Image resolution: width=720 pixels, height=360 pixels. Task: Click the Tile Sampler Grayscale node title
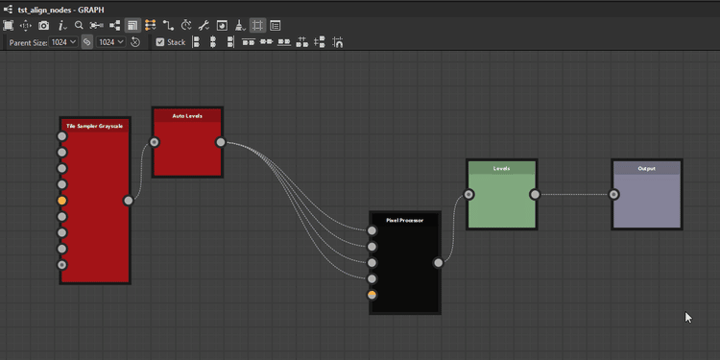pyautogui.click(x=94, y=126)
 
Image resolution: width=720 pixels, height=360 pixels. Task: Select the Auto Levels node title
pyautogui.click(x=187, y=116)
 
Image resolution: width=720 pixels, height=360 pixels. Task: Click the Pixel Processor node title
pyautogui.click(x=404, y=220)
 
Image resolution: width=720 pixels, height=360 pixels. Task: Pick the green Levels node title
pyautogui.click(x=501, y=168)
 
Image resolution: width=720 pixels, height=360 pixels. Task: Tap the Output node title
pyautogui.click(x=646, y=168)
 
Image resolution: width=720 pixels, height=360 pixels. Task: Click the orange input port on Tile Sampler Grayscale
pyautogui.click(x=62, y=201)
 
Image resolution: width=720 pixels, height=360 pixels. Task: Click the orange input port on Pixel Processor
pyautogui.click(x=372, y=295)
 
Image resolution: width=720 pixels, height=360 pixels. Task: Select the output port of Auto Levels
pyautogui.click(x=221, y=143)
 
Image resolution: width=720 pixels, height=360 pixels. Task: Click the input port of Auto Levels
pyautogui.click(x=155, y=143)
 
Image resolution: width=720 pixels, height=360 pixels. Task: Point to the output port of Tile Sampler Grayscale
pyautogui.click(x=129, y=201)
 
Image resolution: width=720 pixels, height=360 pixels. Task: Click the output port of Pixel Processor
pyautogui.click(x=439, y=262)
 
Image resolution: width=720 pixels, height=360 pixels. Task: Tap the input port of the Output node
pyautogui.click(x=614, y=195)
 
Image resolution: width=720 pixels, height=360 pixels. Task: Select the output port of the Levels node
pyautogui.click(x=535, y=195)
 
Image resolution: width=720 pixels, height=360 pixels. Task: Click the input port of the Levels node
pyautogui.click(x=468, y=195)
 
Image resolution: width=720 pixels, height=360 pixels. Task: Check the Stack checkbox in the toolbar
pyautogui.click(x=160, y=42)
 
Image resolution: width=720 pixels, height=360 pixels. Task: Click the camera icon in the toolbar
pyautogui.click(x=43, y=25)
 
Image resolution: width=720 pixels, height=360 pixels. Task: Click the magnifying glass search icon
pyautogui.click(x=79, y=25)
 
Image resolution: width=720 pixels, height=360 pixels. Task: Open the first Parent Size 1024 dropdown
pyautogui.click(x=65, y=42)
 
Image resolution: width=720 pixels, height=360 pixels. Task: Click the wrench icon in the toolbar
pyautogui.click(x=204, y=25)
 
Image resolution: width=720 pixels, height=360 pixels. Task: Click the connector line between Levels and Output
pyautogui.click(x=574, y=195)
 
